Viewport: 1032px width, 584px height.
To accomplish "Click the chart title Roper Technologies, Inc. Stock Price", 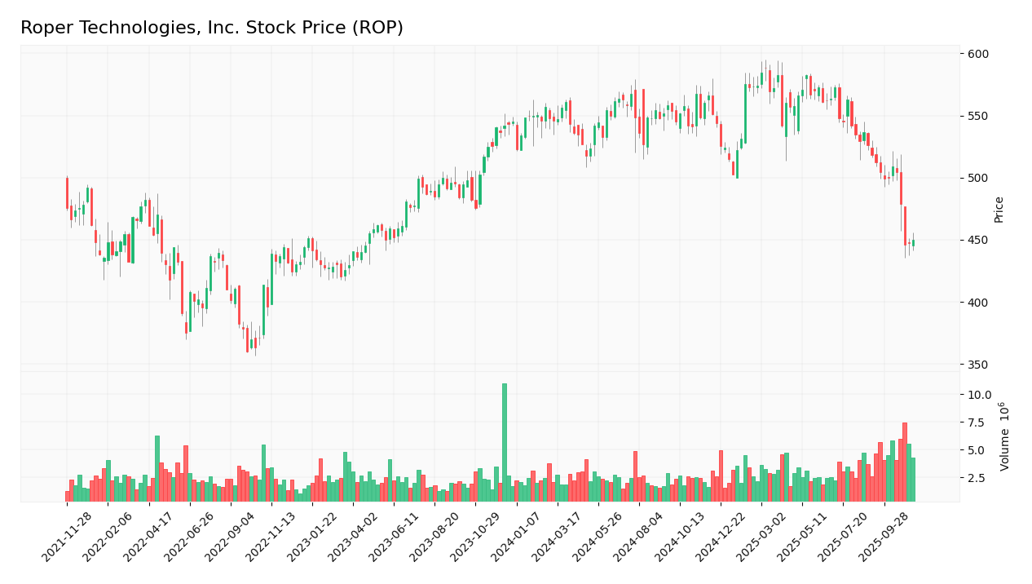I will [x=212, y=29].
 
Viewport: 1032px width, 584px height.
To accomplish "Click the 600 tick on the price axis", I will [x=977, y=54].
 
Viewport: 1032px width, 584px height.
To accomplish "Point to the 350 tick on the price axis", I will [x=977, y=365].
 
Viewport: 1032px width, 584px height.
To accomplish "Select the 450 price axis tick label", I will [x=977, y=240].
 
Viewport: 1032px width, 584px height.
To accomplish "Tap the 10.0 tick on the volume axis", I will [x=979, y=395].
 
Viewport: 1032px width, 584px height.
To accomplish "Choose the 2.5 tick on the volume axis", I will [x=979, y=478].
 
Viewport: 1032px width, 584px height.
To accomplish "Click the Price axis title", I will [x=999, y=209].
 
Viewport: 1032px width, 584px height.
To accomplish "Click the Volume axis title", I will [x=1005, y=436].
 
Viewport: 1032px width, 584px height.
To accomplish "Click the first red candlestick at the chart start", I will [x=68, y=193].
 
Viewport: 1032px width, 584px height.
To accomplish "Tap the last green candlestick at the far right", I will [x=913, y=243].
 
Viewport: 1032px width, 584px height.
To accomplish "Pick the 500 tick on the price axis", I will [x=977, y=178].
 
